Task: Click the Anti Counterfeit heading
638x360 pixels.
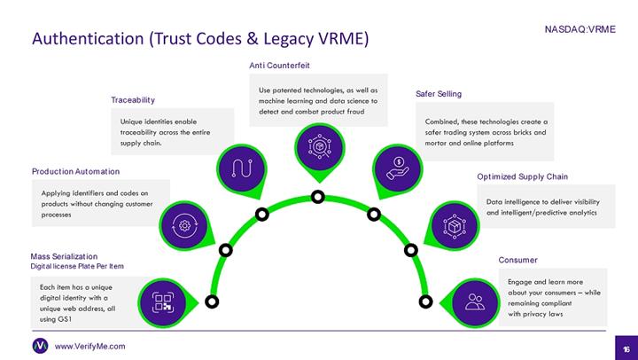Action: click(279, 66)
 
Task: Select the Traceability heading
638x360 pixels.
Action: click(133, 99)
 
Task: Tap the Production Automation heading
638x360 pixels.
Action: click(75, 171)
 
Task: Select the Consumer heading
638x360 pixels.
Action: click(518, 260)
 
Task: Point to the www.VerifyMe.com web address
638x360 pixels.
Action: click(90, 346)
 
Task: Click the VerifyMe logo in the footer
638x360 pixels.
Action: click(40, 345)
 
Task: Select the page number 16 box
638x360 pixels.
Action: click(625, 346)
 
